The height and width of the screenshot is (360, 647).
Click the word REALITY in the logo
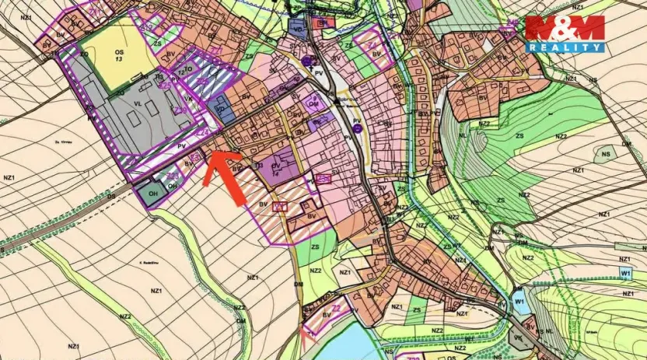(x=565, y=47)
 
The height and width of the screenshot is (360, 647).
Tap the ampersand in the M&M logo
(x=565, y=27)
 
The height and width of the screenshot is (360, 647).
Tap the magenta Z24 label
(x=201, y=134)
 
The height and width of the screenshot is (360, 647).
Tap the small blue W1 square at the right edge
(x=625, y=273)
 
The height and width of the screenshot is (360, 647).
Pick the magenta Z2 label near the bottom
(x=336, y=308)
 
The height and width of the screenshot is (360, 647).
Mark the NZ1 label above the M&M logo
(x=579, y=6)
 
